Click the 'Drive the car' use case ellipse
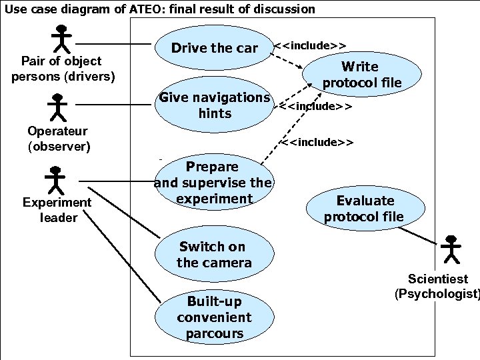pos(213,48)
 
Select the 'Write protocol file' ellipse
pos(361,75)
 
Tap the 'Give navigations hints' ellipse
pos(214,105)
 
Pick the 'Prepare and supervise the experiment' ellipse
pos(213,183)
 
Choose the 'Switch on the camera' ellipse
pos(214,255)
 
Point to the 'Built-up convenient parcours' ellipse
pos(214,317)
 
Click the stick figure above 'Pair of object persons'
pos(62,39)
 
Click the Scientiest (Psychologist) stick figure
pos(451,249)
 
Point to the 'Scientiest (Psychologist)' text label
pos(437,286)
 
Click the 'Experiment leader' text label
pos(57,209)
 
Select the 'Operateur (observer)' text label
pos(59,139)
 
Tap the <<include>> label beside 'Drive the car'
pos(310,45)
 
